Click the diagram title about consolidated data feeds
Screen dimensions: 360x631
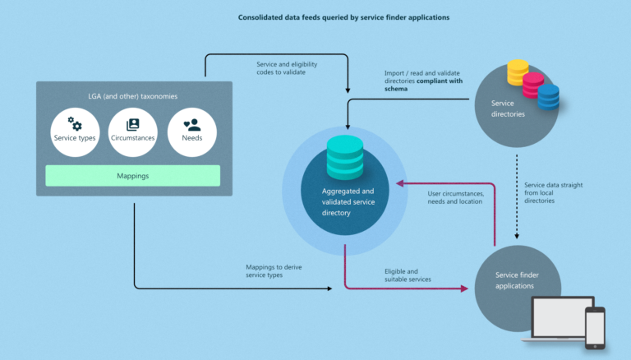343,16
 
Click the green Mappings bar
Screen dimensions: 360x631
132,175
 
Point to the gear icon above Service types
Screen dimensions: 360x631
75,124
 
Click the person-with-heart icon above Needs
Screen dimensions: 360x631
192,125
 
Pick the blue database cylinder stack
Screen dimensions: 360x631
548,96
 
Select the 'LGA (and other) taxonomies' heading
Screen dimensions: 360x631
132,96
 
